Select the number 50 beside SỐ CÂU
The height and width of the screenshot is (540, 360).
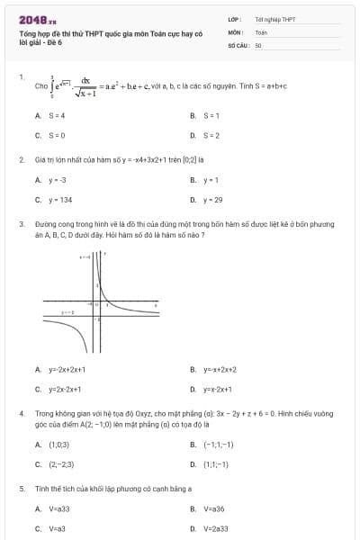(x=258, y=44)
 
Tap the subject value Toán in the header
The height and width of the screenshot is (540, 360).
(x=261, y=31)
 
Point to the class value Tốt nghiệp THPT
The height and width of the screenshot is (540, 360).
(x=274, y=19)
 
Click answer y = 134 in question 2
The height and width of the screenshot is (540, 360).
(x=60, y=200)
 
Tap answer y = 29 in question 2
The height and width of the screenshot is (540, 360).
(x=212, y=200)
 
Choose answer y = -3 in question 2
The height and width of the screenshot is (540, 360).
(x=58, y=180)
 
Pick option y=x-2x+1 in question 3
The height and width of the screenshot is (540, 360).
(x=217, y=389)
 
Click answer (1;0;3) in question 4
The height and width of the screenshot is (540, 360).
(x=59, y=445)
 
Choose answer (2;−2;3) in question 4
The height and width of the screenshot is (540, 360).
(x=61, y=464)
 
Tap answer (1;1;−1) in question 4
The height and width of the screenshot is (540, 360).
(x=216, y=464)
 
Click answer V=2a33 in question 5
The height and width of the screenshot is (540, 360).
(x=216, y=529)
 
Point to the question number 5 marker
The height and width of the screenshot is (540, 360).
(x=21, y=488)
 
